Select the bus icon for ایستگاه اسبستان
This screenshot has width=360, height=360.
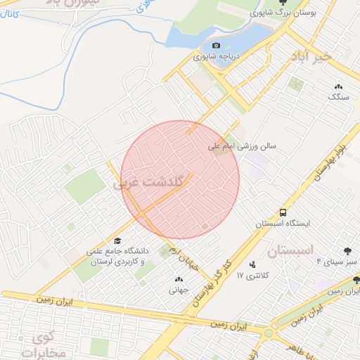pos(282,212)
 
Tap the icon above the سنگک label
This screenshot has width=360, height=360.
pos(338,86)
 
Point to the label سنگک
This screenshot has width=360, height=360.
pos(338,97)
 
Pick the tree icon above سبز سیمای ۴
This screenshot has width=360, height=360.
pos(347,250)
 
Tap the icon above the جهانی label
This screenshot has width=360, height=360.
pos(176,279)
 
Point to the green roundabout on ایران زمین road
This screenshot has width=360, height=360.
pos(268,333)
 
